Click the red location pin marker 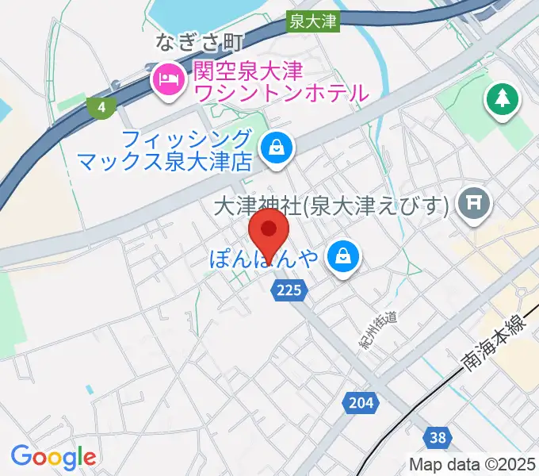point(269,232)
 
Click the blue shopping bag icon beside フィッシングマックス point(277,147)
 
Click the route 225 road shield point(289,291)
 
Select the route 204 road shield point(360,402)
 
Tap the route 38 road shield point(438,436)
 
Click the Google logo point(53,456)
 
